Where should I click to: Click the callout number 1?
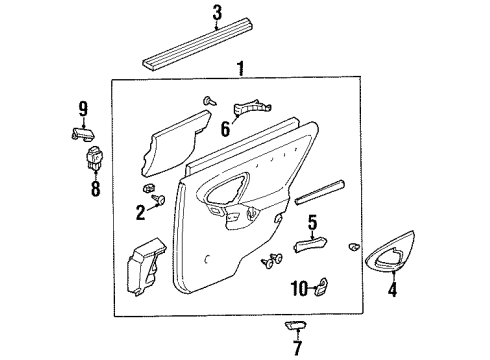click(x=238, y=69)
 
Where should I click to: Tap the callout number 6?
click(x=225, y=128)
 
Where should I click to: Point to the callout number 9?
click(x=83, y=108)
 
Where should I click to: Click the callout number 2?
click(x=141, y=211)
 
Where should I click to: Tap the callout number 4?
click(x=392, y=293)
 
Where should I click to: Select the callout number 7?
click(x=296, y=347)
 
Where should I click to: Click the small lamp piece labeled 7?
click(x=297, y=327)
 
